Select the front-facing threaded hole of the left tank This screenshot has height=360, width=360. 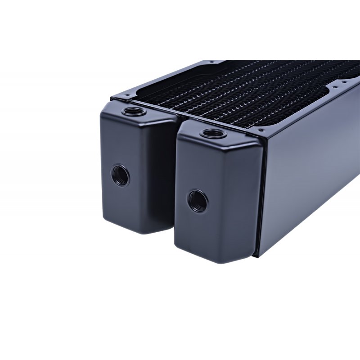tap(120, 175)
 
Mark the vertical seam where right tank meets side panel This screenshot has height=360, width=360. tap(260, 198)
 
